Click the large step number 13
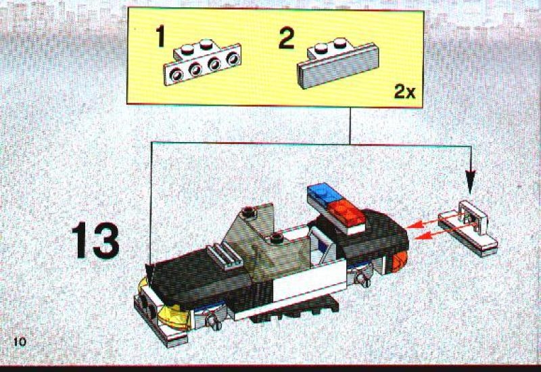point(95,241)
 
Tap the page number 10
point(20,342)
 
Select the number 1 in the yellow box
point(160,36)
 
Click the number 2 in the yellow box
point(286,39)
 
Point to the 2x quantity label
point(404,92)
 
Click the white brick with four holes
point(202,62)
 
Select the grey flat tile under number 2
point(337,63)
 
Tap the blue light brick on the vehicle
point(325,194)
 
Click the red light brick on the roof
point(347,213)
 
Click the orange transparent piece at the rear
point(400,261)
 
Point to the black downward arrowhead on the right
point(470,181)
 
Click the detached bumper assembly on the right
point(468,228)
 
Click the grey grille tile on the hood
point(225,256)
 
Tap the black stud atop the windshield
point(248,211)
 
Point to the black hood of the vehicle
point(200,276)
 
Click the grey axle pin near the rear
point(363,278)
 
